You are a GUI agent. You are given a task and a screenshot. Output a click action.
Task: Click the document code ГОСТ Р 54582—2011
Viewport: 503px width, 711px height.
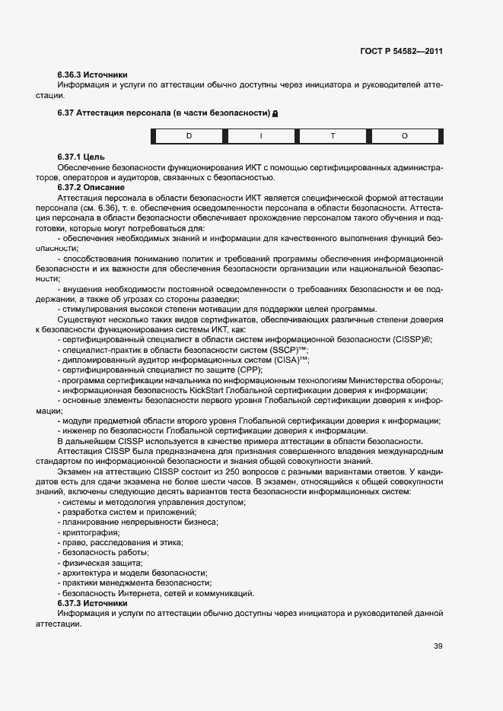tap(401, 52)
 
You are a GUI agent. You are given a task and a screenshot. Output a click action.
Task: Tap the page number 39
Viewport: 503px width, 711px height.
tap(438, 646)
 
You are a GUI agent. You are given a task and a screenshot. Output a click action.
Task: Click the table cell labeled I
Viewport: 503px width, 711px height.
tap(261, 136)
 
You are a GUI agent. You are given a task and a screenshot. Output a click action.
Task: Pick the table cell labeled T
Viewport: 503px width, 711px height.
tap(333, 136)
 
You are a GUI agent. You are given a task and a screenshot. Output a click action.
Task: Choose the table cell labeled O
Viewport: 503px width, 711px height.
tap(405, 136)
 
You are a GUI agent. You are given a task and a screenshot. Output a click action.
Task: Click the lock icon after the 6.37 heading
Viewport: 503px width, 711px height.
tap(275, 113)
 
